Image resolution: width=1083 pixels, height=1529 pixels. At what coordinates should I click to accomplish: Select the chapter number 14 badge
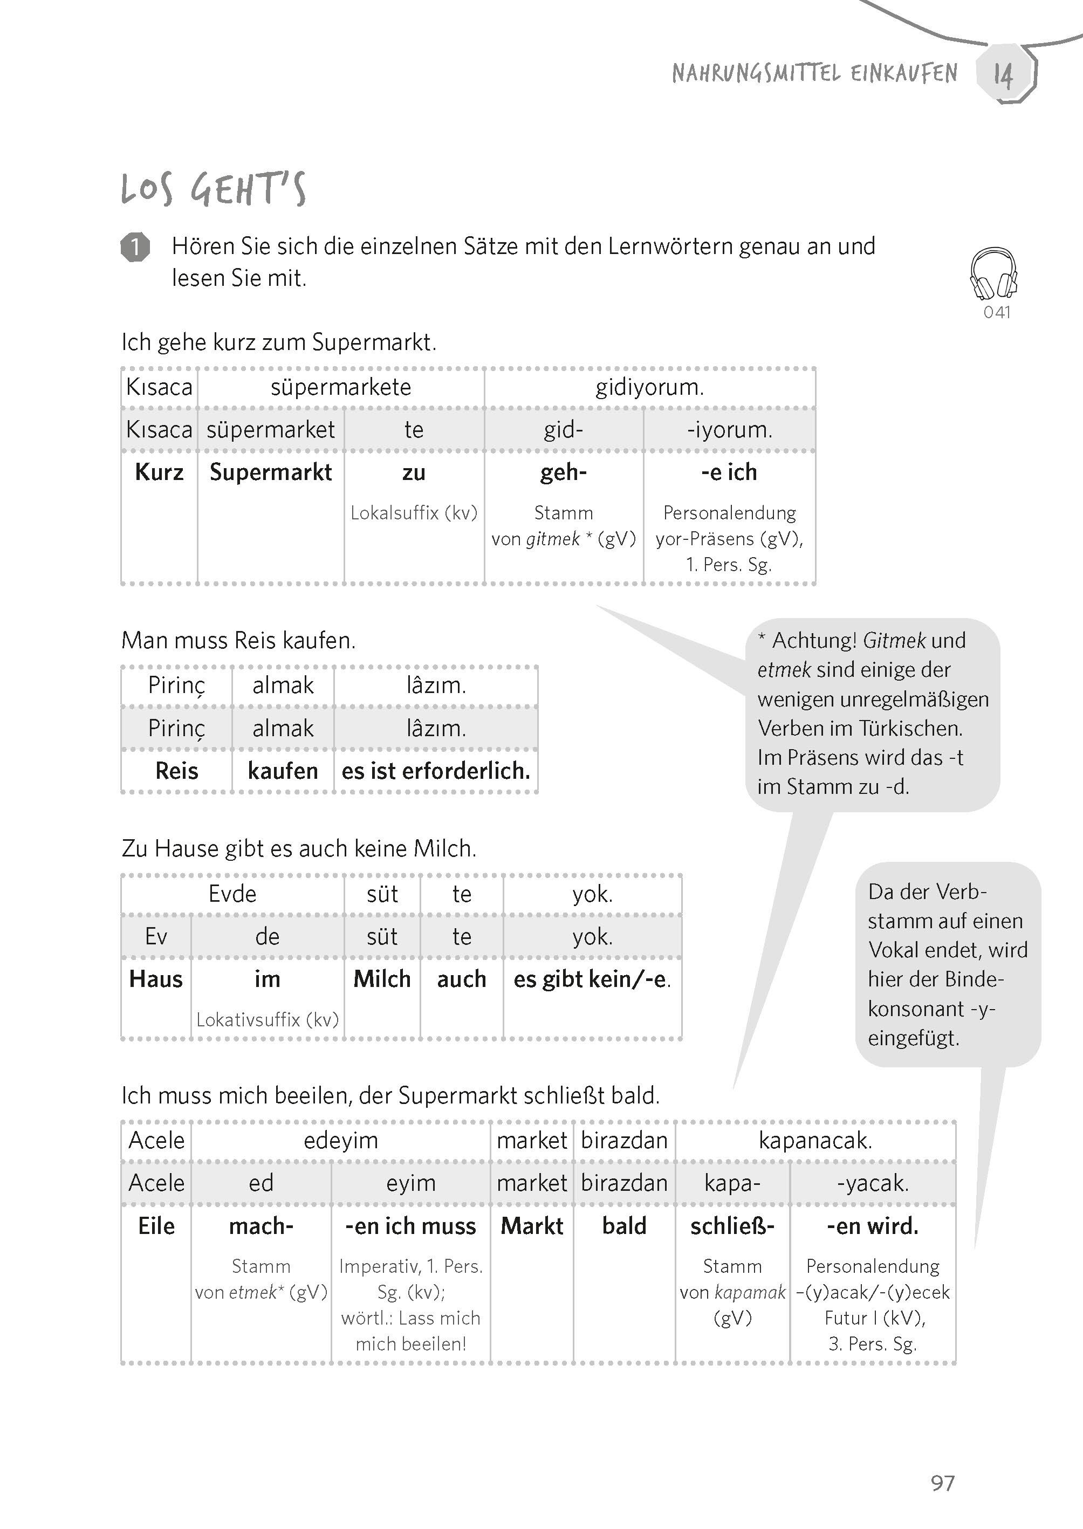point(1004,73)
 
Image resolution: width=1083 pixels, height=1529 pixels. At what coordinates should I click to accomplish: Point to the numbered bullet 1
point(135,248)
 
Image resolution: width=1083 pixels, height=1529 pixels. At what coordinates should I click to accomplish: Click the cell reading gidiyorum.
point(649,387)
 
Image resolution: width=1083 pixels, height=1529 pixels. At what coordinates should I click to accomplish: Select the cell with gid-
point(564,429)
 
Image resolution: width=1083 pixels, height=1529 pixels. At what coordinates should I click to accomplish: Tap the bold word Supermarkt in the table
point(271,472)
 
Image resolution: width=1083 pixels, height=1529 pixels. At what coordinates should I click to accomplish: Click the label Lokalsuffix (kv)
point(414,513)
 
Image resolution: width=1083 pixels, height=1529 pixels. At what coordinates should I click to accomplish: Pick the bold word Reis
point(177,771)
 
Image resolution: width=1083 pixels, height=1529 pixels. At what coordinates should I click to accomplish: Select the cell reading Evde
point(232,894)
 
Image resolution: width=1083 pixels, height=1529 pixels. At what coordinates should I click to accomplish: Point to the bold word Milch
point(382,979)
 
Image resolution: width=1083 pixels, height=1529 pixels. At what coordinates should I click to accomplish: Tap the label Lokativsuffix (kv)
point(268,1019)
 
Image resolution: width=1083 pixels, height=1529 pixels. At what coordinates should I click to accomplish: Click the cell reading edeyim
point(341,1140)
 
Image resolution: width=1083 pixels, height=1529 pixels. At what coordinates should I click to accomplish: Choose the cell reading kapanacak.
point(815,1140)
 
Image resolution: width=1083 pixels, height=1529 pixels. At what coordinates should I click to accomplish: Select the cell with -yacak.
point(872,1183)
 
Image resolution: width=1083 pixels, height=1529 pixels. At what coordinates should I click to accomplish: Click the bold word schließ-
point(732,1225)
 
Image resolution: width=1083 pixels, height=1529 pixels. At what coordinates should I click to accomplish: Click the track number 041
point(997,312)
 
